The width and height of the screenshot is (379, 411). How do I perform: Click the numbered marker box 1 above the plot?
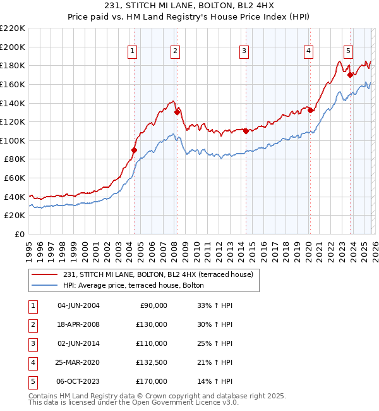(x=133, y=52)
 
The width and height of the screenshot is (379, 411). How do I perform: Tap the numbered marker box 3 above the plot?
(x=244, y=52)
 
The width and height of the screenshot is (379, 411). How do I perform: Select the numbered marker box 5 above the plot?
(x=348, y=52)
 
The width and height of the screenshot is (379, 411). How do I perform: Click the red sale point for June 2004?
(x=134, y=150)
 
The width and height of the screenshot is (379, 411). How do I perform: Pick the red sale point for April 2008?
(x=177, y=113)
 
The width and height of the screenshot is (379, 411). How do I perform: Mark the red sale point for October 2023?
(x=350, y=75)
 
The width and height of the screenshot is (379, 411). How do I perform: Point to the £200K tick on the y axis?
(x=13, y=47)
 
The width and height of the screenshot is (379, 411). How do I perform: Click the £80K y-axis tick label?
(x=15, y=159)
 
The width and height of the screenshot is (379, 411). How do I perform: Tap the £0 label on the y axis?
(x=20, y=235)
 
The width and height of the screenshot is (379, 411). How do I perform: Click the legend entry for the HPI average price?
(x=133, y=285)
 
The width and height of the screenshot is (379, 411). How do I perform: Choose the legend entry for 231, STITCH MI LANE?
(x=158, y=274)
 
